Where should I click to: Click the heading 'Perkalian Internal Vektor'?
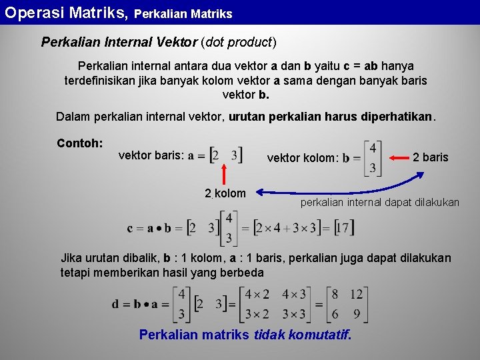tap(119, 43)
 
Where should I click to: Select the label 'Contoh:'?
tap(80, 143)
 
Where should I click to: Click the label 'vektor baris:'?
tap(151, 155)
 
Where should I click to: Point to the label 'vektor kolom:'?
tap(303, 158)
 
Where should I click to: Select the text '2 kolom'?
tap(225, 193)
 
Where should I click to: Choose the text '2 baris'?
tap(431, 157)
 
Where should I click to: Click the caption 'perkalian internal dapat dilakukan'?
tap(380, 202)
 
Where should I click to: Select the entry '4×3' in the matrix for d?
tap(294, 295)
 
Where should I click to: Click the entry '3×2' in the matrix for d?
tap(257, 314)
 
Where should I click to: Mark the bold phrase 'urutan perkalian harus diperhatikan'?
tap(331, 117)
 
